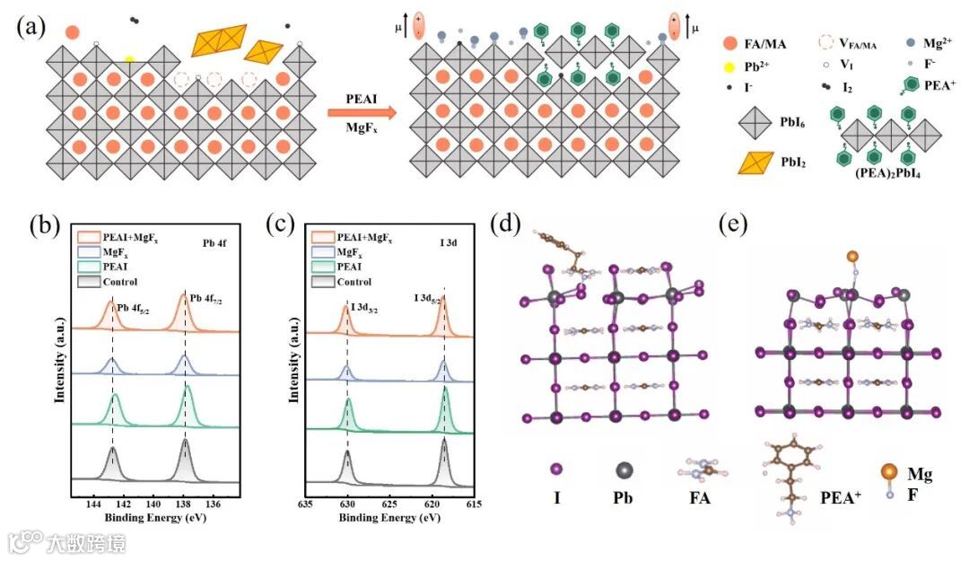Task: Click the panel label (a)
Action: (31, 25)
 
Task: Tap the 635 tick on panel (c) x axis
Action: (306, 505)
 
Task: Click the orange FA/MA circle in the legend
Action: (732, 42)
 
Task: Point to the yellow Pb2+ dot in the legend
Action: (732, 66)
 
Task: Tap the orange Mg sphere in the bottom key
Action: (888, 472)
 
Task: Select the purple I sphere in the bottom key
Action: (556, 469)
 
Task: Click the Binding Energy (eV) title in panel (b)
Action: (148, 520)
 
